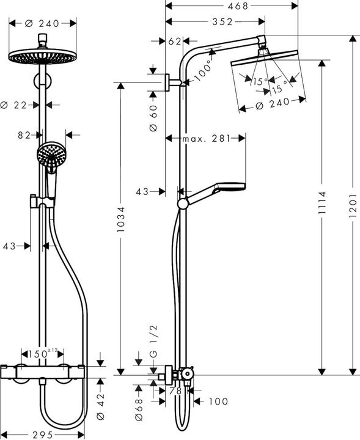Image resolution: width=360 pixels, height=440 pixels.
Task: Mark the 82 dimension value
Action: pos(24,135)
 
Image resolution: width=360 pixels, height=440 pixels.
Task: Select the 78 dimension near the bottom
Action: pos(175,391)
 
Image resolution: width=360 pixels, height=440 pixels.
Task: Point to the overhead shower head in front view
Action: pos(42,57)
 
